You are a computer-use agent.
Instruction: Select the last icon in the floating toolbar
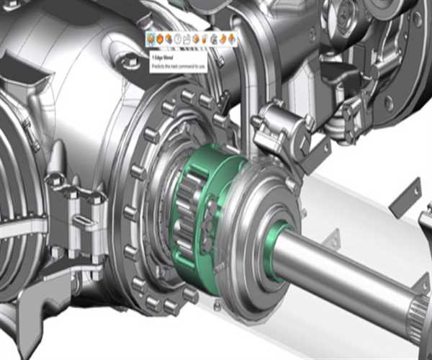click(232, 38)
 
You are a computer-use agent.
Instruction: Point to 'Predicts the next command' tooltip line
click(177, 65)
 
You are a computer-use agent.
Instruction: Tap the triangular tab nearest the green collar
click(333, 237)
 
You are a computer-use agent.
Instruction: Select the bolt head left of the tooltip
click(131, 63)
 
